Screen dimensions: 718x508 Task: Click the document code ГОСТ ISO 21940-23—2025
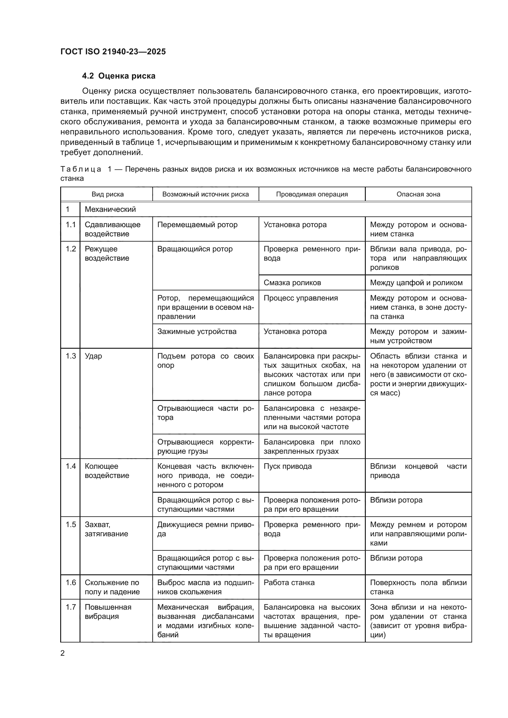pyautogui.click(x=113, y=52)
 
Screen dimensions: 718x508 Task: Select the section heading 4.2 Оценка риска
pyautogui.click(x=119, y=76)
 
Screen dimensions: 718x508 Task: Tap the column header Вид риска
pyautogui.click(x=107, y=194)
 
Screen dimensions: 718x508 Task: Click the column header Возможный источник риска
pyautogui.click(x=205, y=194)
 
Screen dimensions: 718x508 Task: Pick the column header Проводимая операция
pyautogui.click(x=312, y=194)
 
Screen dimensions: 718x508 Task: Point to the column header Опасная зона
pyautogui.click(x=418, y=194)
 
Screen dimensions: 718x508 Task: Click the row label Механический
pyautogui.click(x=110, y=209)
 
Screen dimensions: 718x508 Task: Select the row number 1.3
pyautogui.click(x=71, y=356)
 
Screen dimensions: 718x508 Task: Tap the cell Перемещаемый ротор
pyautogui.click(x=197, y=224)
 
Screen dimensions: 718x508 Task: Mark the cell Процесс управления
pyautogui.click(x=301, y=298)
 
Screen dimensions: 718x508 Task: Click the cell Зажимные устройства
pyautogui.click(x=197, y=332)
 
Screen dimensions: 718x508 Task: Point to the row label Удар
pyautogui.click(x=93, y=356)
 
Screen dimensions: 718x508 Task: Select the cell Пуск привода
pyautogui.click(x=287, y=466)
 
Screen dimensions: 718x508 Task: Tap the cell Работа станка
pyautogui.click(x=289, y=583)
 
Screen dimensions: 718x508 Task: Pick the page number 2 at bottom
pyautogui.click(x=63, y=653)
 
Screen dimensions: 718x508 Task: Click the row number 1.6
pyautogui.click(x=71, y=583)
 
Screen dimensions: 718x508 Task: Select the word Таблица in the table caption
pyautogui.click(x=81, y=169)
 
